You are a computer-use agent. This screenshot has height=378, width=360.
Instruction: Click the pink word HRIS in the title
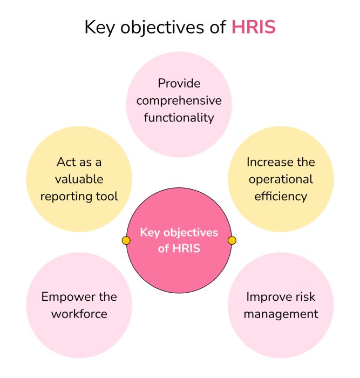click(x=253, y=28)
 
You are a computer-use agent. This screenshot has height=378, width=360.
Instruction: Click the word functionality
click(x=179, y=117)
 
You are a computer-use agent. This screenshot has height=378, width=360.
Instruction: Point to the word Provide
click(x=179, y=84)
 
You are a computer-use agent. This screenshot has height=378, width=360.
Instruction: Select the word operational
click(x=281, y=179)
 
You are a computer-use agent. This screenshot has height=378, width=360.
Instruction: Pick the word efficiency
click(x=281, y=195)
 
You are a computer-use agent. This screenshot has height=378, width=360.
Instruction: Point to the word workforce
click(x=79, y=313)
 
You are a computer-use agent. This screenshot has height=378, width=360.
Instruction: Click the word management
click(x=281, y=313)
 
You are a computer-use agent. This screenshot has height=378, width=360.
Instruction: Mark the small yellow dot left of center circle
click(x=126, y=240)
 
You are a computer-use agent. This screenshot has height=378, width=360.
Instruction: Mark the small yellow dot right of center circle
click(x=232, y=240)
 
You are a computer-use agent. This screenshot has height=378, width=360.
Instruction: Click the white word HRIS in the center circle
click(x=186, y=249)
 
